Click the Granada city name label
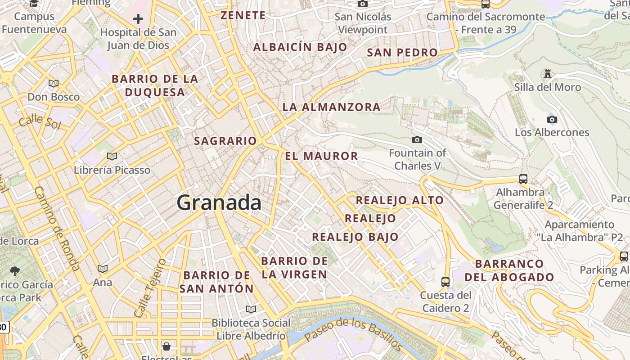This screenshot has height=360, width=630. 219,202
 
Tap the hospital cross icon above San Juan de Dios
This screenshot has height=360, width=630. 138,19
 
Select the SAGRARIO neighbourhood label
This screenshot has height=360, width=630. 225,141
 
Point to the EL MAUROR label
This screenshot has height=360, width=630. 321,156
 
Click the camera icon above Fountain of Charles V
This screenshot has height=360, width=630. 417,139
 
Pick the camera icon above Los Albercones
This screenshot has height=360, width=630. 552,119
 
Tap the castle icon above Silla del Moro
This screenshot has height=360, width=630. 548,73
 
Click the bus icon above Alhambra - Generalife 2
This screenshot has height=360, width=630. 523,179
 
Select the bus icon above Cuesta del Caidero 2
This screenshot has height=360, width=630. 445,282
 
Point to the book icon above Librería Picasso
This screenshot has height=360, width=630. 112,156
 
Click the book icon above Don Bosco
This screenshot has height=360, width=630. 54,83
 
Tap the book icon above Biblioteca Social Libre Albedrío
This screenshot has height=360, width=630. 251,309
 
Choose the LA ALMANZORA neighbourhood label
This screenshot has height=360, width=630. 331,107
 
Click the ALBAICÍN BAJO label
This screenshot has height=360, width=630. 300,47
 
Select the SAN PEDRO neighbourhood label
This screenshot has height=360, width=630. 402,53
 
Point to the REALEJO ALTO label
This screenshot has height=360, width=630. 400,200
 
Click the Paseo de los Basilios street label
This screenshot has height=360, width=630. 353,333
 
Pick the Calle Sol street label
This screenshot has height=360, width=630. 40,121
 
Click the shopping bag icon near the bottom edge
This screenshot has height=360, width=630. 166,346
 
